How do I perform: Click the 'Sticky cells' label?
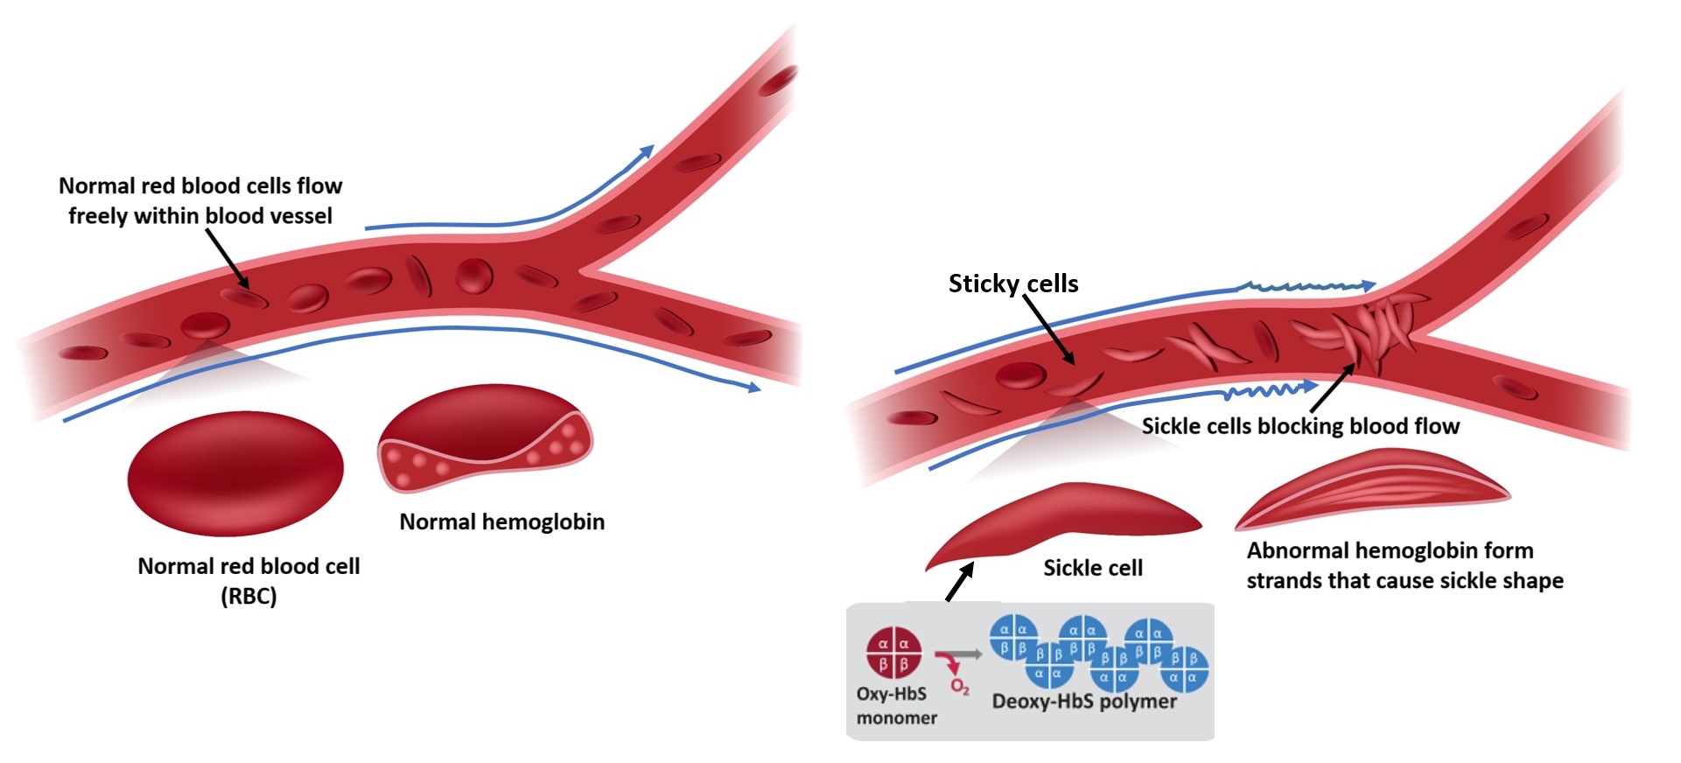(x=1012, y=283)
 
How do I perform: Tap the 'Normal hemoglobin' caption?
(x=501, y=521)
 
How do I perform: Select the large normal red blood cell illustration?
(x=235, y=473)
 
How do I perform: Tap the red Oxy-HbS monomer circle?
(x=893, y=653)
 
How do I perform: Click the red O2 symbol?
(x=959, y=688)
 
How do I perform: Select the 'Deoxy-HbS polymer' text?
(x=1083, y=702)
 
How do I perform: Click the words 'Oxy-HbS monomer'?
(x=895, y=705)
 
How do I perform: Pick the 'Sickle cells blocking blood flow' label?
(x=1299, y=426)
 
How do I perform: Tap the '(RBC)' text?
(x=249, y=597)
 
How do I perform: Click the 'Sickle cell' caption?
(x=1092, y=568)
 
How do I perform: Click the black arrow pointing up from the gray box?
(x=959, y=582)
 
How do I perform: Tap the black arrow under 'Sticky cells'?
(x=1048, y=328)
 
